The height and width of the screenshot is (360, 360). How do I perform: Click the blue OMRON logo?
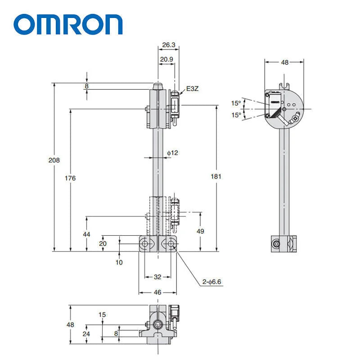68,24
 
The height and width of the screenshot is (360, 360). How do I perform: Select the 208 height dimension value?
54,160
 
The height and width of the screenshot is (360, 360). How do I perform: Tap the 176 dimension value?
70,178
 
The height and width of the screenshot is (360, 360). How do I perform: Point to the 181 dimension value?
216,176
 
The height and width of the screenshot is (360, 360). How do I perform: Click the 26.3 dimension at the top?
169,45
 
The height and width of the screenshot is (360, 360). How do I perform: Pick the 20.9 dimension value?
166,59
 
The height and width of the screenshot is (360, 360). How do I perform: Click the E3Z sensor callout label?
192,89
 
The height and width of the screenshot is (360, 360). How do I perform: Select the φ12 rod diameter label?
172,153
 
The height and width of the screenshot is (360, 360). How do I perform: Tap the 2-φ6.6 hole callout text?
211,282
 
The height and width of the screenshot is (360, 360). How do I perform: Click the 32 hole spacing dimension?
157,277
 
